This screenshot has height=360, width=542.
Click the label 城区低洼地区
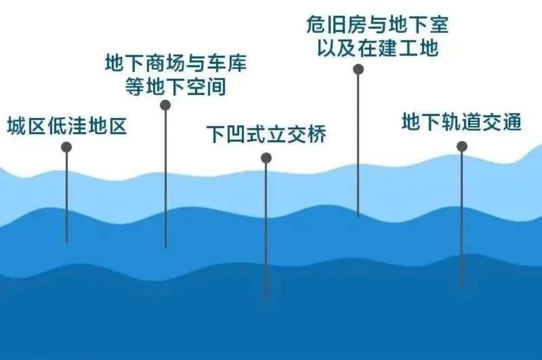click(x=67, y=125)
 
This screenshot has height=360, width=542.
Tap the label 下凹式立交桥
click(x=266, y=134)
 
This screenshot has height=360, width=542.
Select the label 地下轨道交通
click(x=462, y=122)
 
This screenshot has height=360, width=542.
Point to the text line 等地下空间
click(x=175, y=86)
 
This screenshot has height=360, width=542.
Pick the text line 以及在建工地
click(x=378, y=47)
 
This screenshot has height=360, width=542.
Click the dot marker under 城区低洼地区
click(x=66, y=147)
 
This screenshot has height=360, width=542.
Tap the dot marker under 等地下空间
click(x=165, y=105)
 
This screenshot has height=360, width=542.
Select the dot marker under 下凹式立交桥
click(x=266, y=158)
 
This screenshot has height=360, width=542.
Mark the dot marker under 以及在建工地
click(x=358, y=70)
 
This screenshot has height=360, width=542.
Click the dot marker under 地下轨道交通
click(x=462, y=146)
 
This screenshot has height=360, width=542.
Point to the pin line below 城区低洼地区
click(x=66, y=197)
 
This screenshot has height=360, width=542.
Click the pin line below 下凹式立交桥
click(x=266, y=232)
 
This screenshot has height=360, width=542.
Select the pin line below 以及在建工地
click(x=358, y=145)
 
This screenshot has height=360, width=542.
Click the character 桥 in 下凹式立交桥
click(x=317, y=134)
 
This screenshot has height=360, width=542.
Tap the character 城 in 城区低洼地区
click(x=17, y=125)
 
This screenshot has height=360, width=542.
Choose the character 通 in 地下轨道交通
click(x=512, y=122)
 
